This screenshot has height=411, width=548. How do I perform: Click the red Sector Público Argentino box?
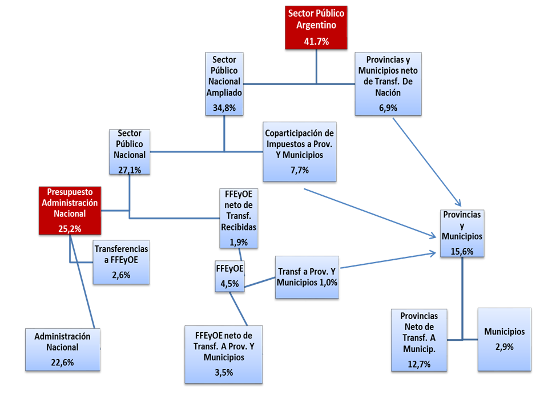(x=316, y=27)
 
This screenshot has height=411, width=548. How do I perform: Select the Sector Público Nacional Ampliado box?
(x=224, y=83)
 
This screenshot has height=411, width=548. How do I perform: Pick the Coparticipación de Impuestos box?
(x=300, y=151)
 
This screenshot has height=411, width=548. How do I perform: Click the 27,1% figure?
(x=129, y=169)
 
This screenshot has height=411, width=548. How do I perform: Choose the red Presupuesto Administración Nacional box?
(x=69, y=210)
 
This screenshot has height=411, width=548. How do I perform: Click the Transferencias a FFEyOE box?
(x=121, y=261)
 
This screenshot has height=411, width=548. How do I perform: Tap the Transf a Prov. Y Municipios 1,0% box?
(x=307, y=277)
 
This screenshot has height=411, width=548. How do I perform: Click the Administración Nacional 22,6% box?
(x=62, y=349)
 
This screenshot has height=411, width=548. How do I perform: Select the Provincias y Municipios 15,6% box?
(x=462, y=233)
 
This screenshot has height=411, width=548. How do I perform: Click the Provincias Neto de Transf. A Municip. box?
(x=419, y=340)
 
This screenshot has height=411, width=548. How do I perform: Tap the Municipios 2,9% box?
(x=504, y=339)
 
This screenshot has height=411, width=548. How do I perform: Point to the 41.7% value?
(x=316, y=41)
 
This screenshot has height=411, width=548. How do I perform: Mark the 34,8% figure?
(x=224, y=107)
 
